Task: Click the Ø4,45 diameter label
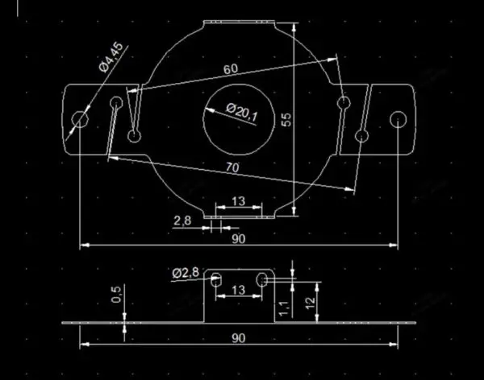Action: (x=111, y=57)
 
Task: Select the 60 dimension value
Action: (x=231, y=69)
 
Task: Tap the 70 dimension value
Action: (x=232, y=167)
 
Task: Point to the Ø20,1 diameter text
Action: (x=242, y=113)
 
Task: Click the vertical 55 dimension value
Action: (x=286, y=120)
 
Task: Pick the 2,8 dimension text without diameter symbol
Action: (x=182, y=221)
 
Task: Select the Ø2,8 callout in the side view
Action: (x=186, y=273)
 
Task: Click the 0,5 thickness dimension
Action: (x=116, y=295)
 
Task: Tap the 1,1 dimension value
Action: (x=284, y=309)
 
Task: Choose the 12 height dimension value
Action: (x=311, y=303)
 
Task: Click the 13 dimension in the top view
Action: (x=238, y=201)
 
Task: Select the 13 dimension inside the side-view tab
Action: (x=238, y=290)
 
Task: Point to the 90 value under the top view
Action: (x=239, y=239)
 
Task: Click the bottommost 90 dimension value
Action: (x=239, y=338)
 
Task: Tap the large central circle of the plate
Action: (x=239, y=120)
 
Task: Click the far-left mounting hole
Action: (x=80, y=119)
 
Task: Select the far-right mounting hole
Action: (x=398, y=119)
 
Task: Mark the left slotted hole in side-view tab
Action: (x=215, y=279)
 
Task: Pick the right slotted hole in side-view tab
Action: (x=262, y=279)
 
